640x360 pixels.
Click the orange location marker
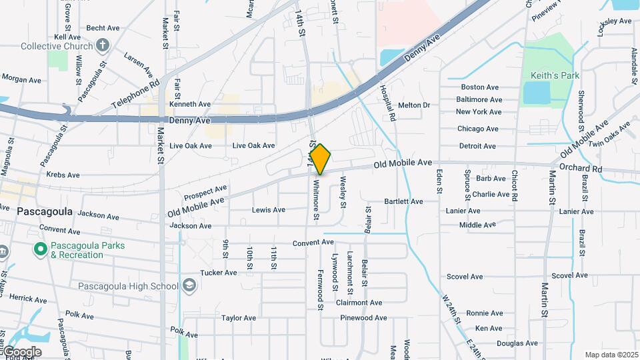321,159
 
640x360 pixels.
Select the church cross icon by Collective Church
102,45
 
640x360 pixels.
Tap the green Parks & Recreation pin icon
40,249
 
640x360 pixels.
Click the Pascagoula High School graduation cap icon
189,286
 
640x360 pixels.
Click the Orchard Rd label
580,168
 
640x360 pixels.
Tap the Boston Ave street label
479,87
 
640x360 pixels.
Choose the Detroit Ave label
477,146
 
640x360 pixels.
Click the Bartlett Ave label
403,201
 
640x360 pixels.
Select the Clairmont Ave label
359,302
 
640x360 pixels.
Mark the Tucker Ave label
219,273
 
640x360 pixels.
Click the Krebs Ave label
63,175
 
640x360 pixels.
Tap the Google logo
22,351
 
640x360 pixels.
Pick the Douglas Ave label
517,343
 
